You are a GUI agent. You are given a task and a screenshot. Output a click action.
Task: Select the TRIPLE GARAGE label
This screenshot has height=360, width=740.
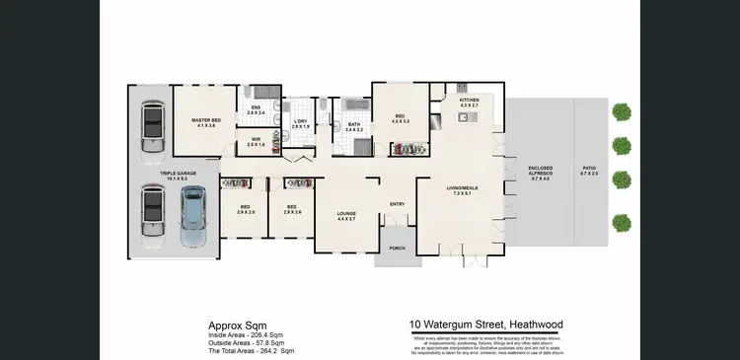click(152, 176)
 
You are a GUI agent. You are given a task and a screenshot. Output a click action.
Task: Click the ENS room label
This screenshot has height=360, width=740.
click(256, 109)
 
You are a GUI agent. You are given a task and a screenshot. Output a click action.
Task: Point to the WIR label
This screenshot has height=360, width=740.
click(256, 142)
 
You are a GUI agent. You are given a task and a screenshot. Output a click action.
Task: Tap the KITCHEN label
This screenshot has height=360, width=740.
click(469, 101)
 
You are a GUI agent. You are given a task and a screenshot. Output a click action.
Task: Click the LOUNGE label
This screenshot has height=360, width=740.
click(345, 215)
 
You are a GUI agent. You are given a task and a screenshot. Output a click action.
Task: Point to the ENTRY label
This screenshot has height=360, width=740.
click(397, 204)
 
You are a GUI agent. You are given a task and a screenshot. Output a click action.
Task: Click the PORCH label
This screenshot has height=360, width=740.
click(397, 248)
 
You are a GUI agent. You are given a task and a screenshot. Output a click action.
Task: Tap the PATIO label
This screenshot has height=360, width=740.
click(589, 170)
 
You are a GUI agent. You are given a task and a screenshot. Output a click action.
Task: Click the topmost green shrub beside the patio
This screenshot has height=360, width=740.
click(621, 111)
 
